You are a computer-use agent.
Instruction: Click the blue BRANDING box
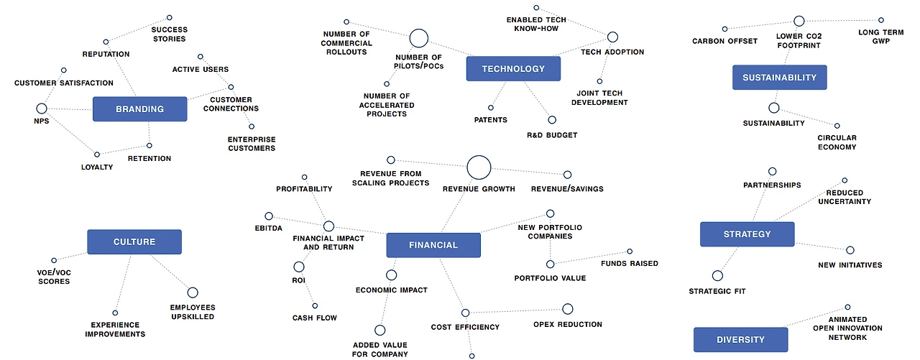[139, 109]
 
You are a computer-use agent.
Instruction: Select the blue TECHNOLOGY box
[513, 69]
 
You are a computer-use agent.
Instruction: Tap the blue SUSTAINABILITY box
[779, 78]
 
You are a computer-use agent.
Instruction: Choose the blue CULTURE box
[134, 242]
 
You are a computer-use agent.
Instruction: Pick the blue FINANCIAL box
[433, 245]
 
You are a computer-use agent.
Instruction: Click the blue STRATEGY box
[747, 234]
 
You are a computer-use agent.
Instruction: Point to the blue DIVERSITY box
[740, 340]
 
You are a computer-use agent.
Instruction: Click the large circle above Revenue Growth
[479, 167]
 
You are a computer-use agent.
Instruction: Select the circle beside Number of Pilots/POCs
[419, 38]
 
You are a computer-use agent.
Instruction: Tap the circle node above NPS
[42, 109]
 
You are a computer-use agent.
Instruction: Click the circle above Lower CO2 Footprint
[799, 22]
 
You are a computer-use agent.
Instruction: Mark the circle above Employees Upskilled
[193, 292]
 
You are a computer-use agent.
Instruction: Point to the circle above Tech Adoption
[612, 37]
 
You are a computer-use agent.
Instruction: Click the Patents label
[491, 120]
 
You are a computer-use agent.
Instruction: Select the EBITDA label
[269, 229]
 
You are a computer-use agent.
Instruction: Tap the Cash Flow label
[314, 318]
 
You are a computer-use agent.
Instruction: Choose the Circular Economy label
[837, 142]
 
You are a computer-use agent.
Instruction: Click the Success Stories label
[169, 34]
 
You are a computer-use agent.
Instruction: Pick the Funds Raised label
[630, 264]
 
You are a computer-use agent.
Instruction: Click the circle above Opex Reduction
[567, 309]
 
